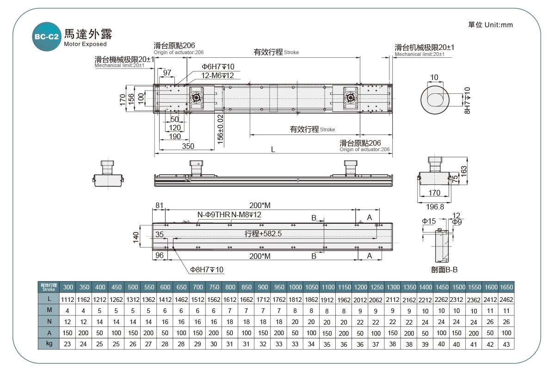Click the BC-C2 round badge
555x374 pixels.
pyautogui.click(x=46, y=37)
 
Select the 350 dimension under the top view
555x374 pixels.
pyautogui.click(x=188, y=146)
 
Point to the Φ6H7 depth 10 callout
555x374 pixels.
pyautogui.click(x=218, y=67)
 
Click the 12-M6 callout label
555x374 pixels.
pyautogui.click(x=217, y=75)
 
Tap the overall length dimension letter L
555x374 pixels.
pyautogui.click(x=273, y=150)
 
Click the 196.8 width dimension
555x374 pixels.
pyautogui.click(x=434, y=207)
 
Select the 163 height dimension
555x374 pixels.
pyautogui.click(x=464, y=170)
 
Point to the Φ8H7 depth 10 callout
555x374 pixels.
pyautogui.click(x=207, y=270)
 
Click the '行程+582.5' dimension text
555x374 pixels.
pyautogui.click(x=263, y=234)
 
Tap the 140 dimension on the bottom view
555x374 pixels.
pyautogui.click(x=136, y=237)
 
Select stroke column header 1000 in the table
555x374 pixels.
pyautogui.click(x=295, y=287)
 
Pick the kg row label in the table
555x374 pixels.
pyautogui.click(x=49, y=343)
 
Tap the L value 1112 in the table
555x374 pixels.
pyautogui.click(x=68, y=299)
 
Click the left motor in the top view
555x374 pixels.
pyautogui.click(x=196, y=98)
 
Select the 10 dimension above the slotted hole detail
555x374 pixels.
pyautogui.click(x=434, y=77)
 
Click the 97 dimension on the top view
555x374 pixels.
pyautogui.click(x=167, y=73)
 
